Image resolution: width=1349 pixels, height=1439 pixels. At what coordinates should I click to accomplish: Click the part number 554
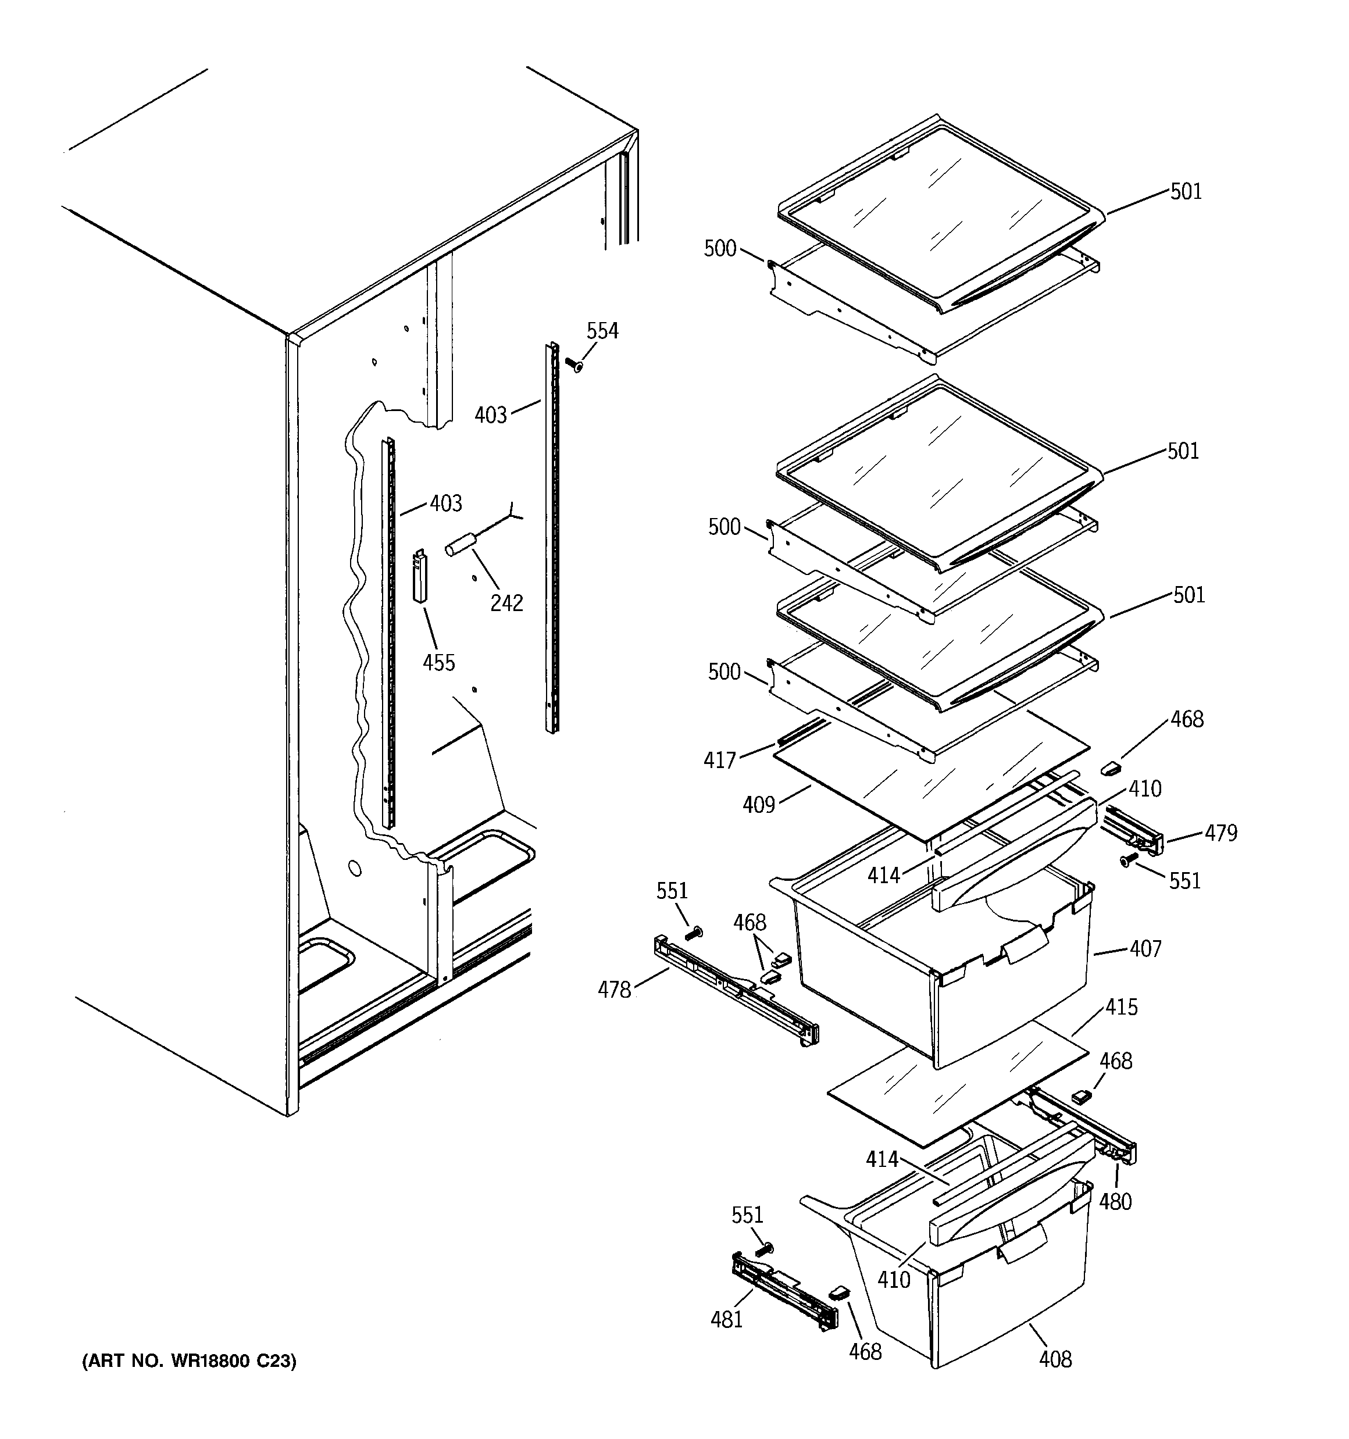(x=602, y=331)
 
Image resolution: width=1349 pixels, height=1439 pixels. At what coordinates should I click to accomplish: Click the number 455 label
(x=439, y=662)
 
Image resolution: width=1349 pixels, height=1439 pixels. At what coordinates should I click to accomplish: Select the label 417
(x=719, y=760)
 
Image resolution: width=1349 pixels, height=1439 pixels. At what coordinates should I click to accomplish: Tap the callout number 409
(x=758, y=804)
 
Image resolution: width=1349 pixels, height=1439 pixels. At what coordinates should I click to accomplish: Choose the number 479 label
(x=1221, y=833)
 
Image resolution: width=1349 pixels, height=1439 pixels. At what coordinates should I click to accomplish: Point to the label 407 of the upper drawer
(x=1145, y=948)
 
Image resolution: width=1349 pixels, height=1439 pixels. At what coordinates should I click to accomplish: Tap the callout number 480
(x=1115, y=1202)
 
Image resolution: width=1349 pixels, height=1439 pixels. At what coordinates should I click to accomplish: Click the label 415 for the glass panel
(x=1121, y=1007)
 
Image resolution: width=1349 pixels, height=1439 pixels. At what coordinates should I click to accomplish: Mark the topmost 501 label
(x=1186, y=191)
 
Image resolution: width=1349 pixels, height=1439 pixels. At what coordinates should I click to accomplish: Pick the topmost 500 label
(x=720, y=248)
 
